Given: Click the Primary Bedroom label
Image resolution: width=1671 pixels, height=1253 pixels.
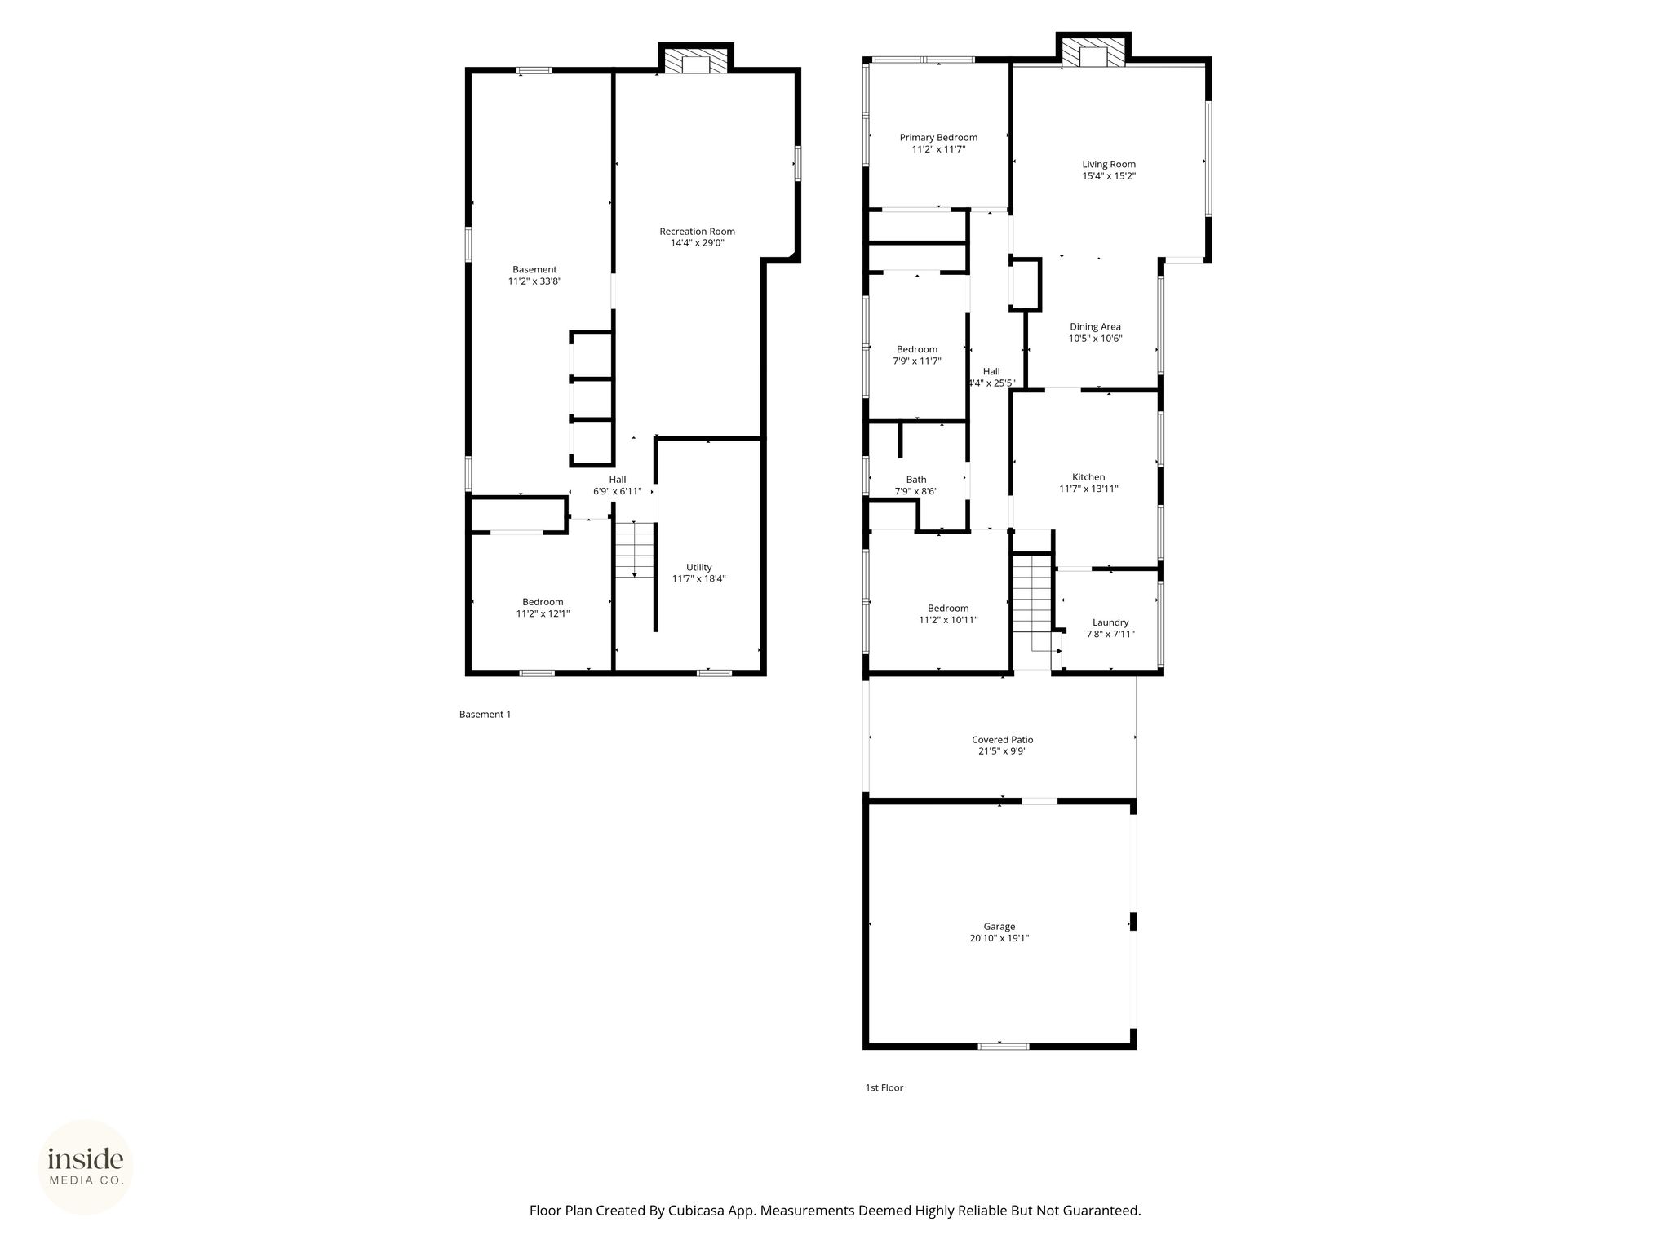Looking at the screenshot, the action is (938, 138).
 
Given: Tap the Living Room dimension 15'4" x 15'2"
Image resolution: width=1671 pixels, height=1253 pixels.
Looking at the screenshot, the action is (1109, 176).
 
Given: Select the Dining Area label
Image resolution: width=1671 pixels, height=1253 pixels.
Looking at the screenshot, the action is (1095, 327).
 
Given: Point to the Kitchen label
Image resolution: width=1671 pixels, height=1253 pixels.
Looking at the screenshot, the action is (1088, 477).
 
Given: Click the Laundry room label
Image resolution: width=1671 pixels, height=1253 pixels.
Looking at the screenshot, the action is (1110, 622).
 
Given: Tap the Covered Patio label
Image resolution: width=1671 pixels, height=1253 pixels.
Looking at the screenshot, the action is (1003, 740).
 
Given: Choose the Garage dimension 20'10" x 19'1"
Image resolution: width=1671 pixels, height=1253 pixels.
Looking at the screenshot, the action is (999, 938).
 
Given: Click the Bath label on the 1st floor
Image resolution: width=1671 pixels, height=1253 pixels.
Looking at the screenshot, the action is (916, 480).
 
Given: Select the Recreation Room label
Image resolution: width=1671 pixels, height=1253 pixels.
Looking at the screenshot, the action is (698, 232).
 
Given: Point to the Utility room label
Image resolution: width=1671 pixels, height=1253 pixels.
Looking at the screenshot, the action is (699, 567).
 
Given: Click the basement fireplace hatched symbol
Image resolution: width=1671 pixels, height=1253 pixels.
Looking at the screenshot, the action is (696, 63).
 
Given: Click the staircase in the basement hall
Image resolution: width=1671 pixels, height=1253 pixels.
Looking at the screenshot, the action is (635, 550).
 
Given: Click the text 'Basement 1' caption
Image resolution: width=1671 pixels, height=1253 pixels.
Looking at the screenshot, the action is (485, 715).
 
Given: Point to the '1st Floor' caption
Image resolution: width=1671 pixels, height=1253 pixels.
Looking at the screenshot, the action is (884, 1087).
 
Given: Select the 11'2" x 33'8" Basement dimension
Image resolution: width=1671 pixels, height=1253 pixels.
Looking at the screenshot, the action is (535, 281).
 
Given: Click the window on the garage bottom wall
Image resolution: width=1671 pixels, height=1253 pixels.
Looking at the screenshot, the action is (1004, 1046).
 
